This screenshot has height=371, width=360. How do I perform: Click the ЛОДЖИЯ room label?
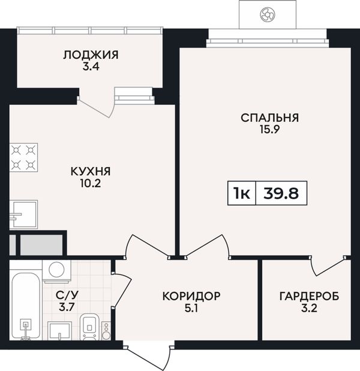[x=91, y=55]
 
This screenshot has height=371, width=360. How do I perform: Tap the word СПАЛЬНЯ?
[x=270, y=118]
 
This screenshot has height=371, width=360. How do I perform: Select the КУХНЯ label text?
[x=91, y=171]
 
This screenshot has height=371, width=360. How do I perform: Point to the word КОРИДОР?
[x=191, y=296]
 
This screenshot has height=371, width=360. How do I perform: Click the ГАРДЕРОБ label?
[x=309, y=296]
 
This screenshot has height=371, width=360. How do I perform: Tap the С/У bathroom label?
[x=67, y=295]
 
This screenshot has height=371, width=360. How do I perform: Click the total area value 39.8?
[x=281, y=194]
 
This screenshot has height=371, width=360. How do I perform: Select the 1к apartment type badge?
[x=242, y=194]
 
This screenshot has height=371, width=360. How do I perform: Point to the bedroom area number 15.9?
[x=270, y=129]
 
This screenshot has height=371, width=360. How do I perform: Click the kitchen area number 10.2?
[x=91, y=183]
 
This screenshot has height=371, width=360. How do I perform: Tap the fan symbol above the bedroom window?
[x=268, y=14]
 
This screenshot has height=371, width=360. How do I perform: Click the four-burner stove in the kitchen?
[x=23, y=158]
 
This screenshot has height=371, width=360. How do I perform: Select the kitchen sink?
[x=23, y=215]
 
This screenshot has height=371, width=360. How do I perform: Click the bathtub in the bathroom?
[x=26, y=306]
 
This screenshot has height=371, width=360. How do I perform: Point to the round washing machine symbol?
[x=56, y=270]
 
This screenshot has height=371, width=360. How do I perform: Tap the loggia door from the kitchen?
[x=97, y=107]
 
